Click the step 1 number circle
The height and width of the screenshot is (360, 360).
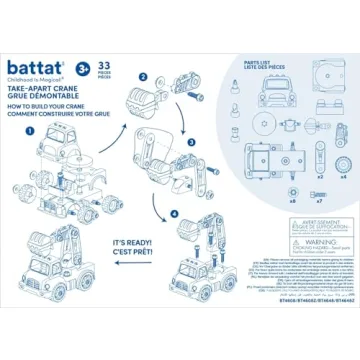coord(30,131)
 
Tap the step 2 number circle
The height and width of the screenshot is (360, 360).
coord(143,76)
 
